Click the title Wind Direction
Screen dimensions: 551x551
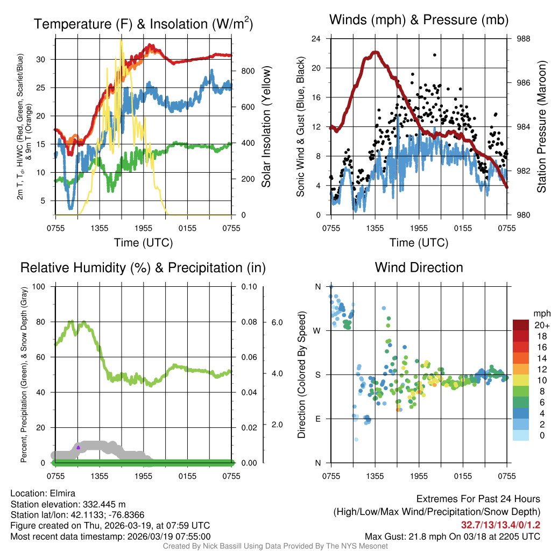pos(419,267)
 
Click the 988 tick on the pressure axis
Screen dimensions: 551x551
pos(522,39)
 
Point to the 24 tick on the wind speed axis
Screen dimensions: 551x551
pos(316,39)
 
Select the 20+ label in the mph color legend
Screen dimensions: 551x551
pos(541,326)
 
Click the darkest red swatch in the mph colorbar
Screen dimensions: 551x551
pos(521,326)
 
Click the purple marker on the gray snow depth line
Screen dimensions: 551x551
pos(79,447)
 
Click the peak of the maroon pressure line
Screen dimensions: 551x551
pos(375,52)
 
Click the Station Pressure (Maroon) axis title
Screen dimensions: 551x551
pos(542,126)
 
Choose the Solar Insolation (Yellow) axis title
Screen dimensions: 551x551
pos(266,126)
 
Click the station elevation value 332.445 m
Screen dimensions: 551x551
pos(104,504)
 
